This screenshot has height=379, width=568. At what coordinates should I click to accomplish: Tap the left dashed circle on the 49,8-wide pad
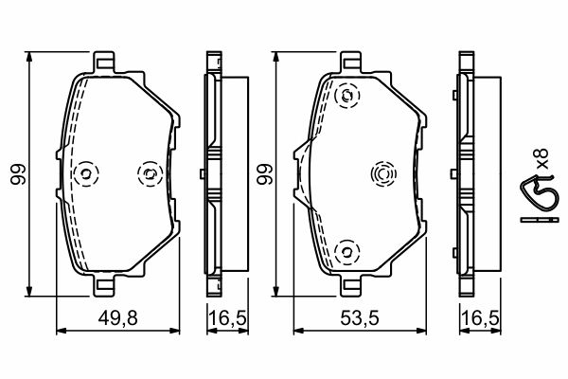(86, 173)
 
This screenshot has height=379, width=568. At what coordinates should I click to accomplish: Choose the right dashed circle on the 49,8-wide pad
(149, 172)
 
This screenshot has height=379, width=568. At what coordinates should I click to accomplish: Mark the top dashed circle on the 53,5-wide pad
(347, 95)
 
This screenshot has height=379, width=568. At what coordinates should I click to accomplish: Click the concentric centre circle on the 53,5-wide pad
(382, 173)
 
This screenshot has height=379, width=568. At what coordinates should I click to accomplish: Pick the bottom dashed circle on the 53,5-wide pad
(347, 251)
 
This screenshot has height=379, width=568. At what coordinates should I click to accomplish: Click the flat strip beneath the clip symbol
(537, 220)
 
